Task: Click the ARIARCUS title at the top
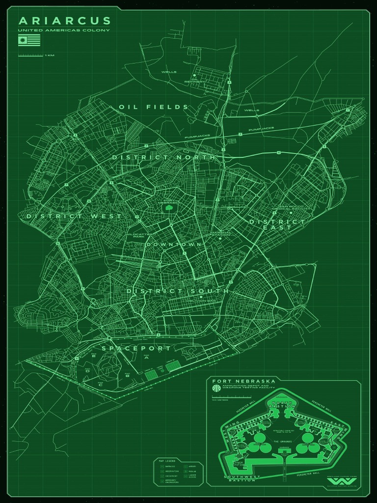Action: [65, 21]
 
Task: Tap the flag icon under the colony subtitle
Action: [29, 40]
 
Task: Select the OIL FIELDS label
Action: [153, 107]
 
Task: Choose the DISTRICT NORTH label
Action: [163, 157]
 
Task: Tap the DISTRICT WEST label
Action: [74, 216]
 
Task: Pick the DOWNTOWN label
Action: [174, 244]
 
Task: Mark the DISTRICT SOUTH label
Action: [178, 291]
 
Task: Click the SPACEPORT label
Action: [136, 348]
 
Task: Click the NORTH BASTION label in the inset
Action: [282, 405]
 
